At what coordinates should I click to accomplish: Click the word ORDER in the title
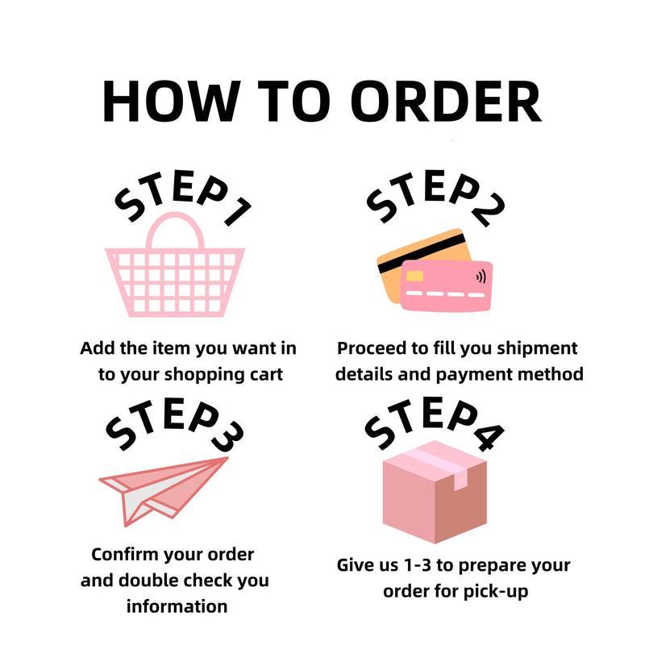click(446, 102)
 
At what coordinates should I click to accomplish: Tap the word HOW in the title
click(172, 102)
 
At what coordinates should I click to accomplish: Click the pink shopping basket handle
click(175, 231)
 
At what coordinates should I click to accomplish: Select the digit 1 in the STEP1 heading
click(238, 211)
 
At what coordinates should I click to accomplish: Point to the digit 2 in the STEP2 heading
click(489, 210)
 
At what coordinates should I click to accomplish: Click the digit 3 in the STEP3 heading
click(227, 437)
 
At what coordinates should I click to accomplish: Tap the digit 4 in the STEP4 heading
click(489, 436)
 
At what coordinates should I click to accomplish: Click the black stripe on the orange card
click(422, 253)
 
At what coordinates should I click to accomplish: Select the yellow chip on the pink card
click(414, 276)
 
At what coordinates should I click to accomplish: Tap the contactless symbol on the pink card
click(481, 277)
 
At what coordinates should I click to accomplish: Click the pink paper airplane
click(164, 491)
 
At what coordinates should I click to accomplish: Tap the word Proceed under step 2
click(372, 348)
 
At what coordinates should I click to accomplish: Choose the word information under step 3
click(177, 606)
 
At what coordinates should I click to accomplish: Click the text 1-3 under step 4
click(418, 566)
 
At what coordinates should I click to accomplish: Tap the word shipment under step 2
click(537, 349)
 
